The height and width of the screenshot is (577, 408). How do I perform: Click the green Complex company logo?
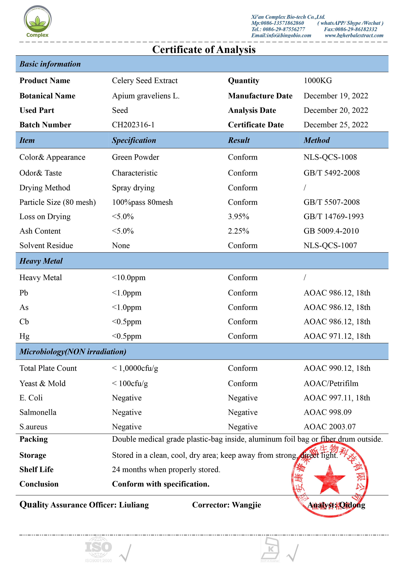point(38,22)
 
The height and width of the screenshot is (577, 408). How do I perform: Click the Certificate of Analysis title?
point(204,50)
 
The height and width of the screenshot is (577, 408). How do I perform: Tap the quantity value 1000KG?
point(318,81)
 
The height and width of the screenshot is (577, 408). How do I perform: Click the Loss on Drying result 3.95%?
point(238,217)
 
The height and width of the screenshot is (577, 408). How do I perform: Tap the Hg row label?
point(24,336)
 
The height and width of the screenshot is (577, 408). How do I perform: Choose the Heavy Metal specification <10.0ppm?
point(128,278)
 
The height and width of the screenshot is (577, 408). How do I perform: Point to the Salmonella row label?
point(38,412)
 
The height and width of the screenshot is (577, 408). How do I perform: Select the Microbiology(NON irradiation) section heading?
point(73,351)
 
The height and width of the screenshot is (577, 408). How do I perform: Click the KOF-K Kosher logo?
point(270,549)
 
